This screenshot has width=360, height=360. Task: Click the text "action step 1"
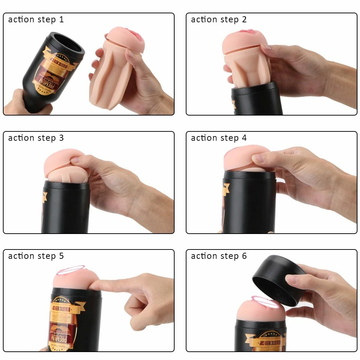coord(36,19)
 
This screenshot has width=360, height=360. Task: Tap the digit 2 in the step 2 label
coord(244,19)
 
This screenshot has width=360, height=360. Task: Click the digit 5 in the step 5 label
coord(61,256)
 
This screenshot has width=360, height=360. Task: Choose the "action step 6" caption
coord(219,256)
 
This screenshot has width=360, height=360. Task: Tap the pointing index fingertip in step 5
coord(93,285)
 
